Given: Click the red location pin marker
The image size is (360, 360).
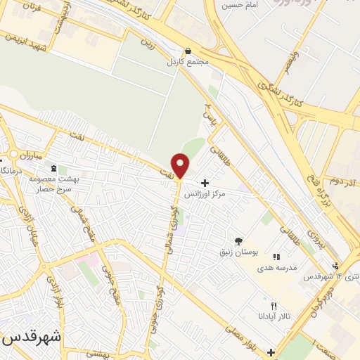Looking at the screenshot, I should pos(181,165).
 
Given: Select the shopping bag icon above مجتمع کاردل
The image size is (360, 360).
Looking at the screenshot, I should pos(188,51).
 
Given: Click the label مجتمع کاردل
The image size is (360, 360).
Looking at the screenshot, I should pos(188,61).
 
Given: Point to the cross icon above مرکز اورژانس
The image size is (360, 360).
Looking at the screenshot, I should pos(205,183).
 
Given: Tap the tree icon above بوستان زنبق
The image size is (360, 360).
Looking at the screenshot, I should pos(238,241).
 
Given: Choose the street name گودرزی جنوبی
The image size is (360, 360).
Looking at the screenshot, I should pos(153,331).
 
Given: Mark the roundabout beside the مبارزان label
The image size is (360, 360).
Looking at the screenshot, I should pos(13,155).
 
